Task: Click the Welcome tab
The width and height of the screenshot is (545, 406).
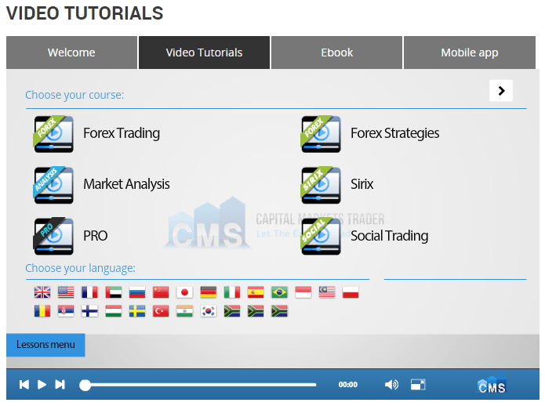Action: pos(71,53)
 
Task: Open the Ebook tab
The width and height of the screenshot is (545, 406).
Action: pos(336,53)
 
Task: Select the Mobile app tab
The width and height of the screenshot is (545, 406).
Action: pos(469,53)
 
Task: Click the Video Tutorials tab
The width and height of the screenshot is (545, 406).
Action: pos(204,53)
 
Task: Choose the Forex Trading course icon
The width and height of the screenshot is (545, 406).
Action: pos(53,133)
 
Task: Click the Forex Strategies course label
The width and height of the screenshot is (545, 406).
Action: pos(394,133)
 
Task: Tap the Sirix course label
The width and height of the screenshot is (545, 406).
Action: pos(362,184)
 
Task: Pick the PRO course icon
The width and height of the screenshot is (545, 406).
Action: pos(53,236)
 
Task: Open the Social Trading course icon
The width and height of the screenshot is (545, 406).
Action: pos(321,236)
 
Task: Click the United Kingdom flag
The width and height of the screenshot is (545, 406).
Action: pos(42,292)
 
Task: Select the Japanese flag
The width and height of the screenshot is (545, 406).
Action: pos(184,292)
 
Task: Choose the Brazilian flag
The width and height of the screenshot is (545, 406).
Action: pos(279,292)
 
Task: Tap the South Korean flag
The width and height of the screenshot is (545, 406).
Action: pos(208,311)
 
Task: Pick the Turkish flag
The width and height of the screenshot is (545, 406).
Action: pos(161,311)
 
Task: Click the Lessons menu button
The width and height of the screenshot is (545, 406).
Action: pos(45,345)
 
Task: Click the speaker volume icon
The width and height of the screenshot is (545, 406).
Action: pos(391,385)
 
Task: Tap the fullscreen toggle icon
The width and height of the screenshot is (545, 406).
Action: pos(418,385)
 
